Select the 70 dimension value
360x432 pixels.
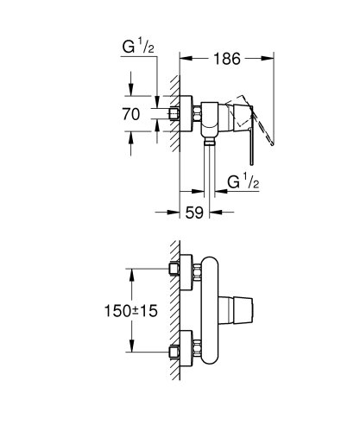click(131, 112)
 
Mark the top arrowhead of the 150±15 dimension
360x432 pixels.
click(132, 271)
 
